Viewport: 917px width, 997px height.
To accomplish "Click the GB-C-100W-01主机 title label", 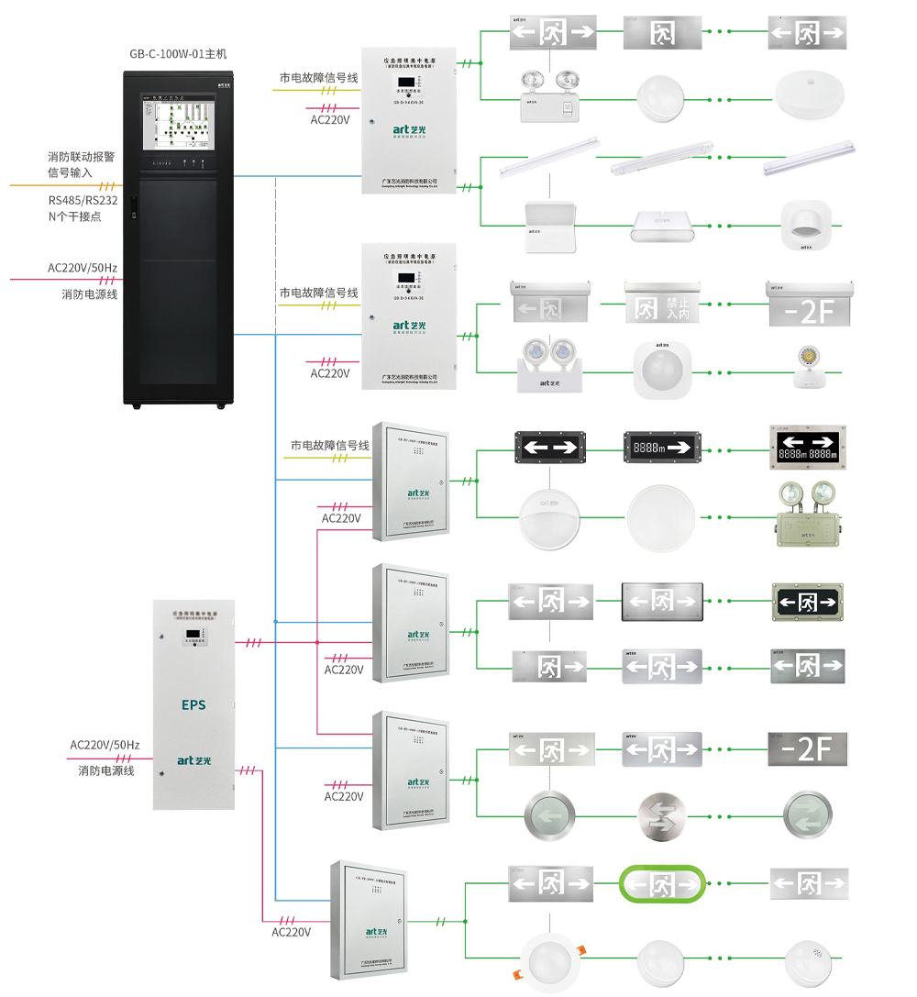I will pos(178,54).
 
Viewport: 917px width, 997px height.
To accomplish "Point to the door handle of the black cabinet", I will pos(133,209).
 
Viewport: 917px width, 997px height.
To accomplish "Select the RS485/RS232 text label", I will pos(82,201).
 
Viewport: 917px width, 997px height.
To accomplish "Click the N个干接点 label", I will pos(74,216).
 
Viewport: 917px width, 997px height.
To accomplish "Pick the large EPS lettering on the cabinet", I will pos(193,705).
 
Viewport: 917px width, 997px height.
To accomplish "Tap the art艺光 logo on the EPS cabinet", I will pos(194,759).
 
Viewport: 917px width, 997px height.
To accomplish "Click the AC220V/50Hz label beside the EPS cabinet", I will pos(105,745).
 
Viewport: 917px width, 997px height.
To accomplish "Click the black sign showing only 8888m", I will pos(662,449).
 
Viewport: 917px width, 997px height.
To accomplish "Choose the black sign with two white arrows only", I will pos(550,449).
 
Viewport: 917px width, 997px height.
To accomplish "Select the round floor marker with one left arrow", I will pos(548,814).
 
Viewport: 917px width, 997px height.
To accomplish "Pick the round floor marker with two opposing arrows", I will pos(807,814).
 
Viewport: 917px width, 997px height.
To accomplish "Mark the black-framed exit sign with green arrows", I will pos(807,602).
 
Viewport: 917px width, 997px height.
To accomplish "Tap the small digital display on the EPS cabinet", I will pos(193,636).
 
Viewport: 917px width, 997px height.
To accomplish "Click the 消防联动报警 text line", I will pos(82,157).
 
